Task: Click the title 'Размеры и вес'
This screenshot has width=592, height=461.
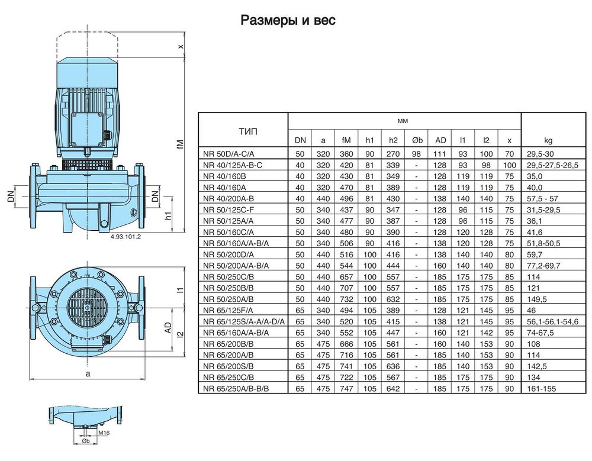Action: click(x=288, y=20)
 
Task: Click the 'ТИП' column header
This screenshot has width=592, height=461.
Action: click(x=248, y=131)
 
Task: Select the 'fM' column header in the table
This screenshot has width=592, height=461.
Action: click(x=346, y=140)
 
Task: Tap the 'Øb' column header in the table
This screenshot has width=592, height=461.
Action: click(x=417, y=140)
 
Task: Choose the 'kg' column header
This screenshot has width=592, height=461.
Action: click(x=548, y=140)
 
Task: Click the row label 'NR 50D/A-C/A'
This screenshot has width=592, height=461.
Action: click(x=229, y=154)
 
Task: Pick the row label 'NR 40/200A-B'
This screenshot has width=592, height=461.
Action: click(x=229, y=199)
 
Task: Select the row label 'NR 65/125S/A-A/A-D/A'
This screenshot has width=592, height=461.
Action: click(x=244, y=322)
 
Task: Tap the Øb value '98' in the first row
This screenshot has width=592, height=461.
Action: click(x=416, y=154)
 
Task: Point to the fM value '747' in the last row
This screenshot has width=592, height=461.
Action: click(x=346, y=389)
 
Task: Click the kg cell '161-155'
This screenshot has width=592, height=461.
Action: click(x=542, y=389)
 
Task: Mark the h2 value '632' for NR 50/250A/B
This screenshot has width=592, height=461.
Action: click(x=393, y=299)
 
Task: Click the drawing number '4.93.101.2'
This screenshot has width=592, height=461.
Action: click(x=126, y=237)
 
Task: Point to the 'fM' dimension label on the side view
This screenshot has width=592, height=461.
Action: click(x=181, y=144)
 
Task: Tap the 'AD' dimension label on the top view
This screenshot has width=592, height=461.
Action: click(x=168, y=328)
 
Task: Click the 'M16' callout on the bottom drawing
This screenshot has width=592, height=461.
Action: click(x=104, y=433)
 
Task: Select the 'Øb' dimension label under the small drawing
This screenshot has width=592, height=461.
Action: click(x=86, y=441)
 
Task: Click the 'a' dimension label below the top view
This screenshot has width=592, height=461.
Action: click(x=88, y=374)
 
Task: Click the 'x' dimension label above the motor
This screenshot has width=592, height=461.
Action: click(x=181, y=47)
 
